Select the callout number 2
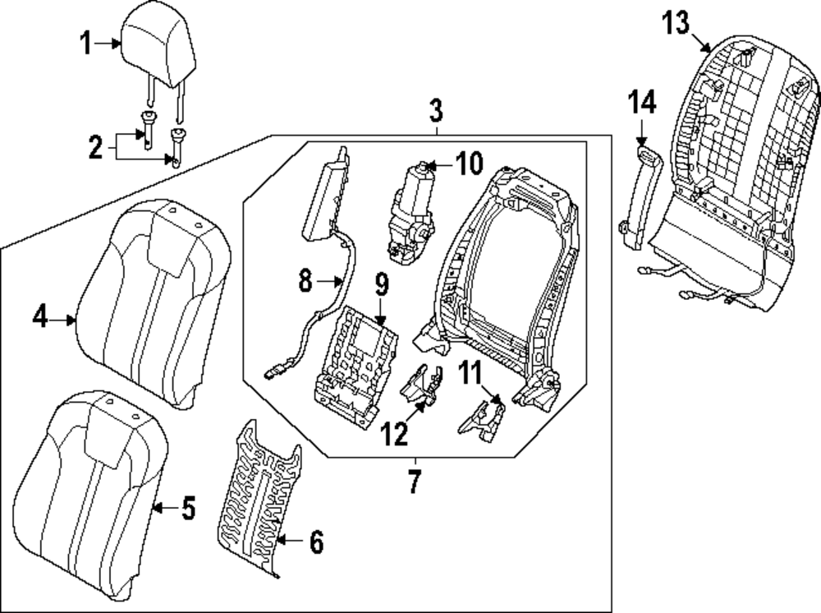point(96,148)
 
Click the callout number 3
point(436,108)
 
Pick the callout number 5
point(188,509)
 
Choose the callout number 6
point(317,542)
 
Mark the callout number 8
point(305,282)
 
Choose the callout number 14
point(643,103)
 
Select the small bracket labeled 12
point(422,385)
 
